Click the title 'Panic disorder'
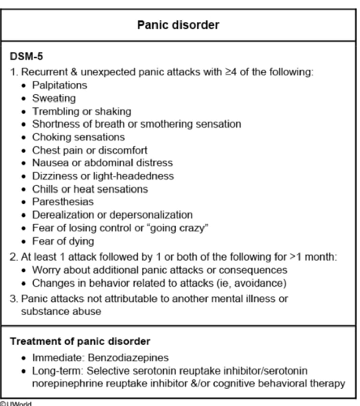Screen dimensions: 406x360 tap(178, 25)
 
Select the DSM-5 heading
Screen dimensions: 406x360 tap(26, 56)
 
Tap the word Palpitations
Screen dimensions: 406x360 tap(59, 85)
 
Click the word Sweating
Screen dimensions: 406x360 tap(54, 98)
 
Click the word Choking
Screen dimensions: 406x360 tap(51, 137)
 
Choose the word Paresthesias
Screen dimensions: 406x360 tap(63, 202)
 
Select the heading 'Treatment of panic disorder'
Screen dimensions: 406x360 tap(80, 341)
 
